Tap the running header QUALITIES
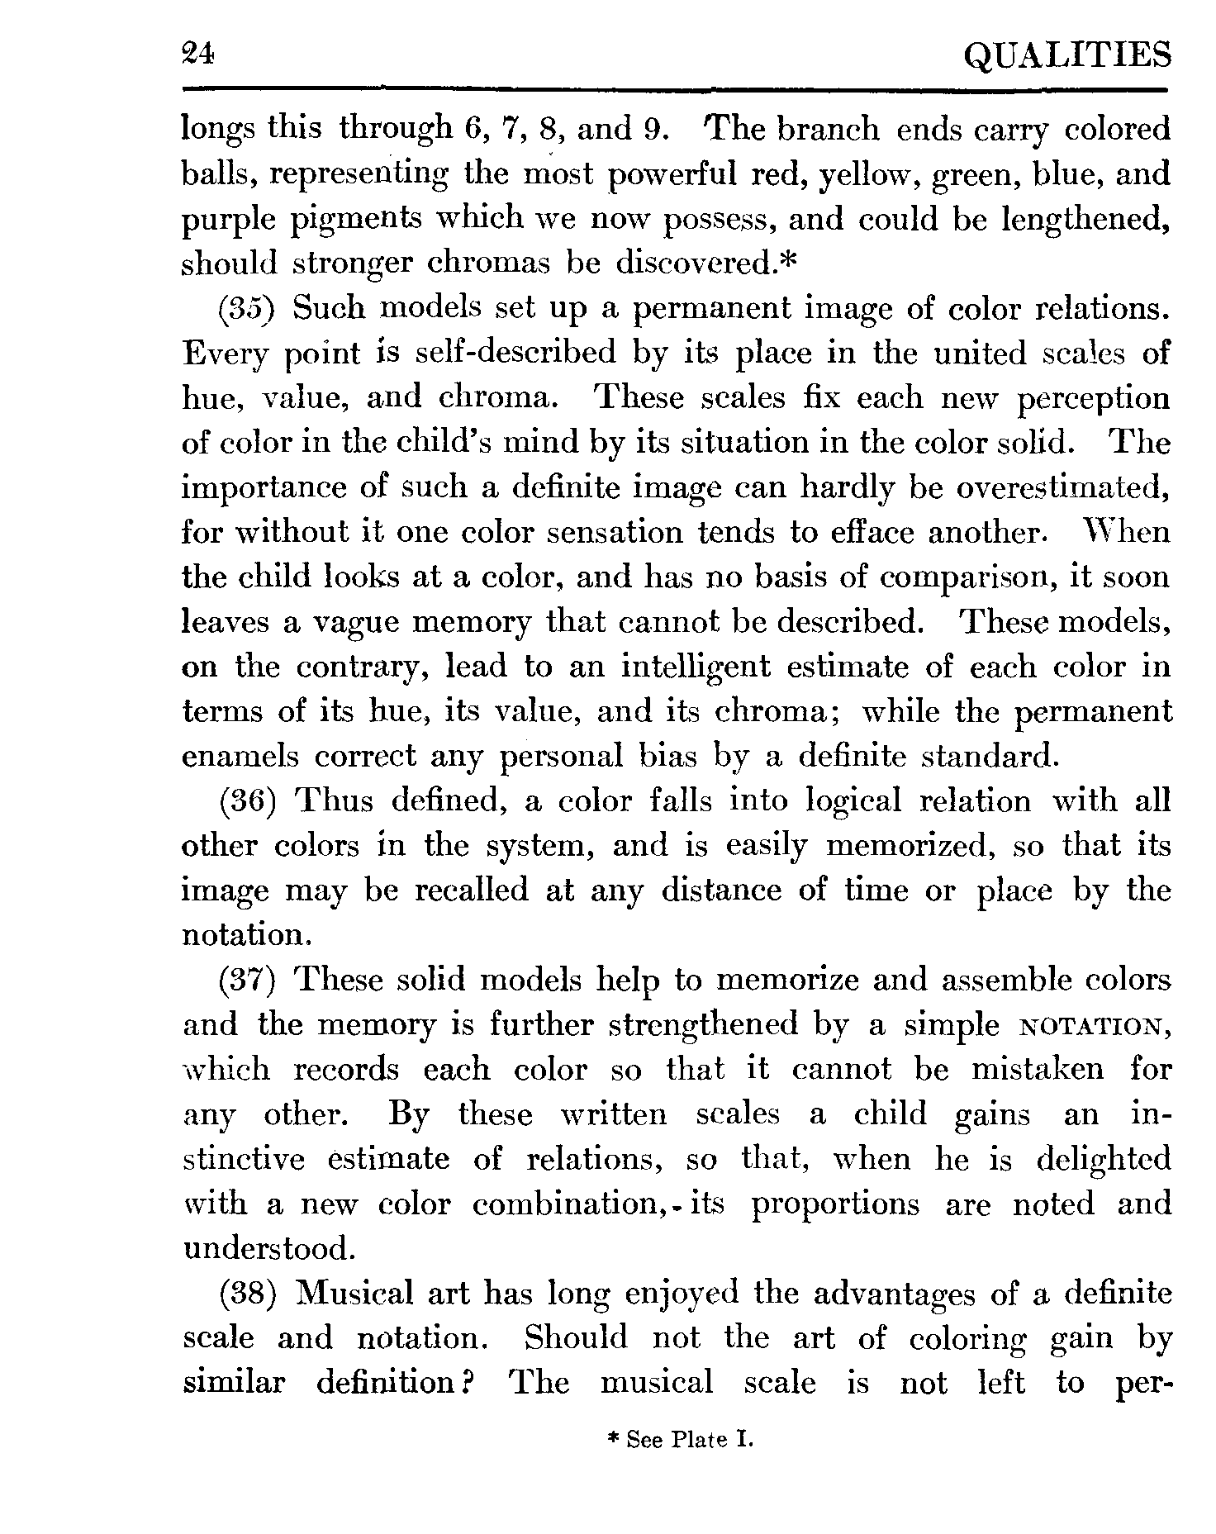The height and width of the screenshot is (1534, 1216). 1067,56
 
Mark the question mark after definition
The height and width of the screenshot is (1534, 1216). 466,1382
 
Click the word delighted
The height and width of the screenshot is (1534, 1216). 1104,1159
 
